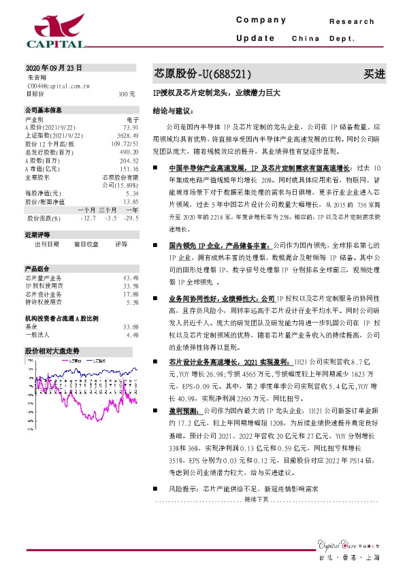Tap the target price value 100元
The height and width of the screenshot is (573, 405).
127,94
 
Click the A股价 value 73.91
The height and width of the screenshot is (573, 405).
131,127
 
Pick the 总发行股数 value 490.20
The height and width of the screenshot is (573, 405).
129,152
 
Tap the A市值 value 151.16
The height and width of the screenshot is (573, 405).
129,168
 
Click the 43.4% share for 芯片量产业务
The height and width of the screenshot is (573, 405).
131,278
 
